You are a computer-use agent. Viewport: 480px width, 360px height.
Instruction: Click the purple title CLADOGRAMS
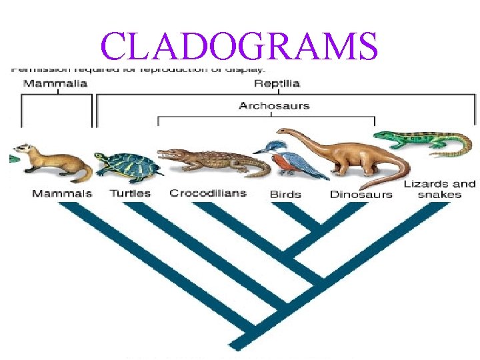point(239,46)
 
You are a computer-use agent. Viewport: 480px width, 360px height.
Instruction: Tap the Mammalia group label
point(56,84)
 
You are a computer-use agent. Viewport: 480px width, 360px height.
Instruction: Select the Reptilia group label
point(277,84)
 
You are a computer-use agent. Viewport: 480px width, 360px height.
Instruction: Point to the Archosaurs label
point(274,106)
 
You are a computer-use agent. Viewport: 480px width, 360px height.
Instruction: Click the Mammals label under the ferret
point(62,193)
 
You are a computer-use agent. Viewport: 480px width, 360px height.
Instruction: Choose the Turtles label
point(129,193)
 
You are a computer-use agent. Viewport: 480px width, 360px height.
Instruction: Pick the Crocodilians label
point(207,193)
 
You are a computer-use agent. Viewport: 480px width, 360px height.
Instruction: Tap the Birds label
point(285,195)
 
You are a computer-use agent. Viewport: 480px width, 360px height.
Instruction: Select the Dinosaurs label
point(361,195)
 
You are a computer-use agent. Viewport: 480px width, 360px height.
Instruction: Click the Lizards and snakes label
point(439,189)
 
